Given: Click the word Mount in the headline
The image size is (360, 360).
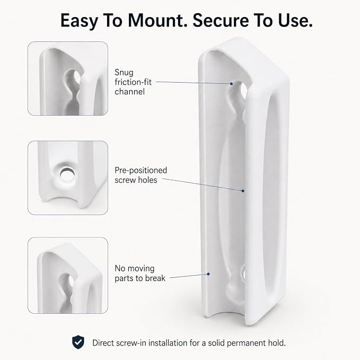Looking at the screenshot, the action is tap(157, 21).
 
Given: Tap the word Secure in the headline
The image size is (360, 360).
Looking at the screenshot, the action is tap(221, 21).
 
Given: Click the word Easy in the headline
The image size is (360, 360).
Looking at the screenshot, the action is tap(79, 21).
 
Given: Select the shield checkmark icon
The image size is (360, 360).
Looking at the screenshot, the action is tap(78, 342).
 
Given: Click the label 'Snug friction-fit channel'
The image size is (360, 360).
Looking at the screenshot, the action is tap(133, 82).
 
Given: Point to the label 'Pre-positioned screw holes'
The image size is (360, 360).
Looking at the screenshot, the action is tap(141, 175).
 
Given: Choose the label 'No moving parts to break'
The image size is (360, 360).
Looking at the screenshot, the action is tap(140, 273).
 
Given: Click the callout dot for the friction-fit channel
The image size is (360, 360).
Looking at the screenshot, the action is tap(231, 84).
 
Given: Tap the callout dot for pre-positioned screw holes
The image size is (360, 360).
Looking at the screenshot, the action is tap(243, 191).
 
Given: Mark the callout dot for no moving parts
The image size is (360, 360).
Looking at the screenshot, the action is tap(208, 274).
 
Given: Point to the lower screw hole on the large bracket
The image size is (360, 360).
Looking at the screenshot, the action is tap(243, 275).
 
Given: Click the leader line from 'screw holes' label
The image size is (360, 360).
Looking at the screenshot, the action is tap(201, 185).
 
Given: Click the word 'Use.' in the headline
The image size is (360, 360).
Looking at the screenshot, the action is tap(295, 21).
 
